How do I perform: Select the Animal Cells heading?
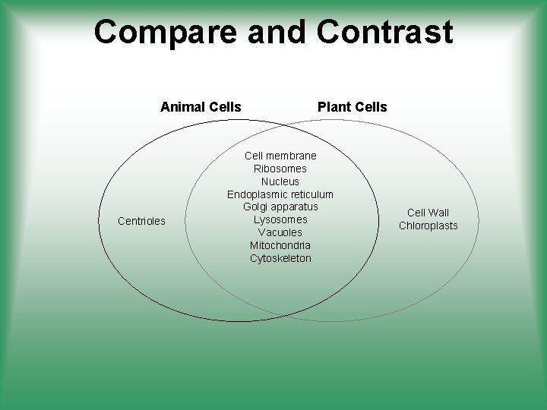[201, 107]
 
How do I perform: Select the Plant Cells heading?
[352, 107]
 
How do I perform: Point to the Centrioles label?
[142, 222]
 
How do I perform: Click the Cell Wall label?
[428, 213]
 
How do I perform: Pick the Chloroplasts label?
[428, 225]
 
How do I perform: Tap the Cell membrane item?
[280, 156]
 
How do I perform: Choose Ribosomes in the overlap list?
[280, 169]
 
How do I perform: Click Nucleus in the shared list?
[280, 181]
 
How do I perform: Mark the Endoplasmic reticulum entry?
[280, 194]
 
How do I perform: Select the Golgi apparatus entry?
[280, 207]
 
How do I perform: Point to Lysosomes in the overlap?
[280, 220]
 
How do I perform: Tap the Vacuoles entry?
[280, 233]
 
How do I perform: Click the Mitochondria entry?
[280, 246]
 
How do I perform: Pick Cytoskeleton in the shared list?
[280, 259]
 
